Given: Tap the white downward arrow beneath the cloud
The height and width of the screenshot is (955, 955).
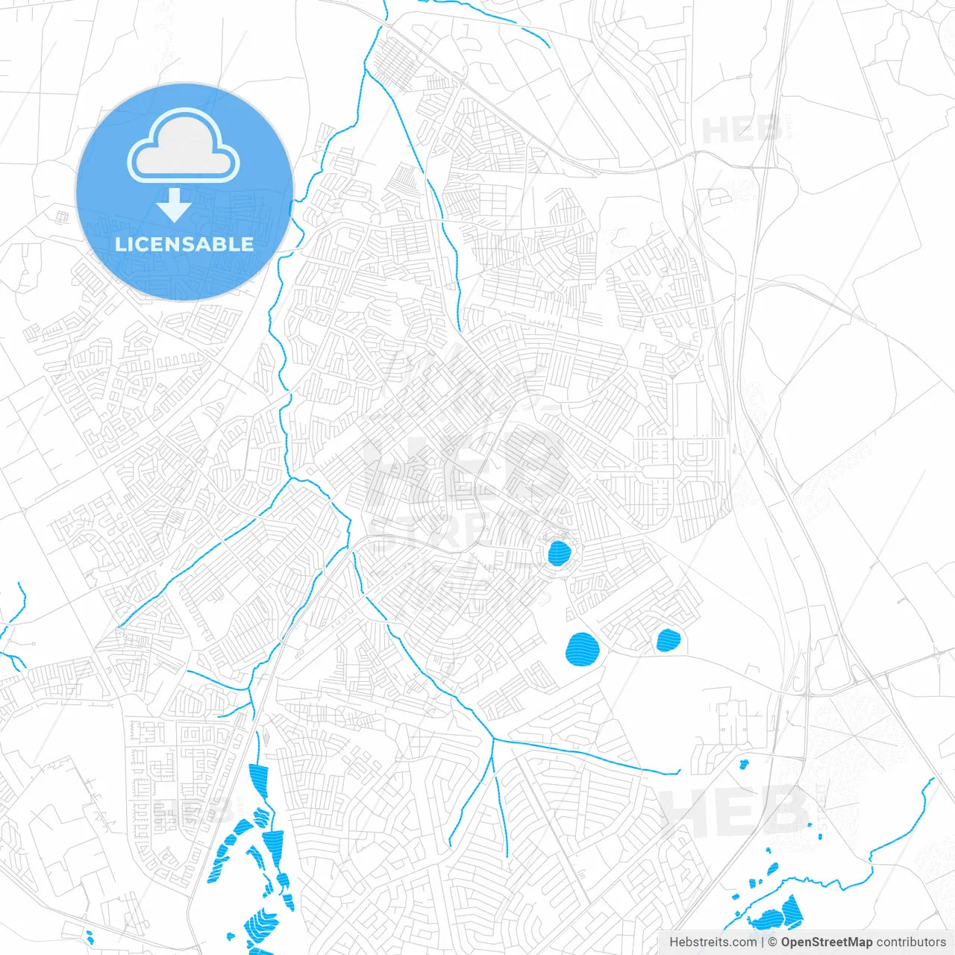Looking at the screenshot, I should pos(174,205).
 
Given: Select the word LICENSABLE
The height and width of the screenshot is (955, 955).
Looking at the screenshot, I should pos(184,244).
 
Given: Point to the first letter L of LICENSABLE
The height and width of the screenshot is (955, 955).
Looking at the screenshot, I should pos(120,244).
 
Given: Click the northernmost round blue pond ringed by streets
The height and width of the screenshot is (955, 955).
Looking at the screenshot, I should pos(559,553).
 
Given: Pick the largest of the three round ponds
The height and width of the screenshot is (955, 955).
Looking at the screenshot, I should pos(583,648).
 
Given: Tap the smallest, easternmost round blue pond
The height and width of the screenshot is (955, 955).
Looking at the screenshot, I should pos(668,639).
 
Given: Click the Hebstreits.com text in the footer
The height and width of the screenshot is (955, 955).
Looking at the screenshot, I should pos(713,942).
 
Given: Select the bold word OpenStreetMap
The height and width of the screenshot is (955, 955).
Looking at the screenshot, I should pos(826,942).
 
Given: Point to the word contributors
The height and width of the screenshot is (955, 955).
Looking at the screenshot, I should pos(910,942).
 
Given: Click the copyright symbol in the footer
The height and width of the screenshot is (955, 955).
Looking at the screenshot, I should pos(773,942).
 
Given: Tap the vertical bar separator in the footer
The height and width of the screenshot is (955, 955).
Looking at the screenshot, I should pos(763,942).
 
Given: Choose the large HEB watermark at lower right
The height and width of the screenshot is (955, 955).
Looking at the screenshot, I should pos(735,811).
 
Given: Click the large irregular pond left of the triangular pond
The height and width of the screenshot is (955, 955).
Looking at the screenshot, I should pos(768,919).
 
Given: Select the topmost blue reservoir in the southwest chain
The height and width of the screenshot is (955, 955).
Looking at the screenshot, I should pos(258,780).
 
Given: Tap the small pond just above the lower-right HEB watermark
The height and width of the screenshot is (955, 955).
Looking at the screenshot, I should pos(744,764).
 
